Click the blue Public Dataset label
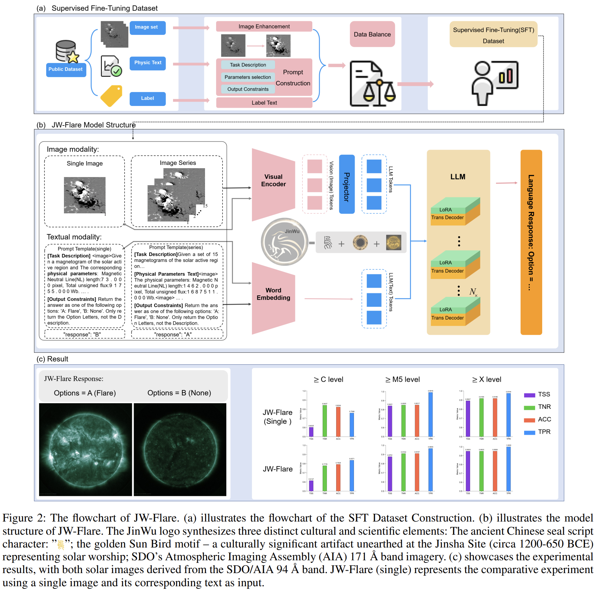(66, 69)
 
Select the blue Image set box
(147, 27)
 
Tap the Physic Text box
(147, 63)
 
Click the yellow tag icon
(111, 96)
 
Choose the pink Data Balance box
(372, 34)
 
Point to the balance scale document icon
(372, 84)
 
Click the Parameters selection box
(248, 77)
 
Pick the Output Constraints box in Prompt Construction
(248, 89)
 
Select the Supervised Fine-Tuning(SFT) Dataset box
(493, 35)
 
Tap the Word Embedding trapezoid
(273, 298)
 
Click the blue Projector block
(347, 184)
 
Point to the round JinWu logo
(285, 242)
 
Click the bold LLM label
(458, 177)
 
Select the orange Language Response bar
(531, 242)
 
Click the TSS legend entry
(537, 395)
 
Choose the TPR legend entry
(537, 432)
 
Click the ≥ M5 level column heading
(403, 380)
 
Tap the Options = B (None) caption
(179, 393)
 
